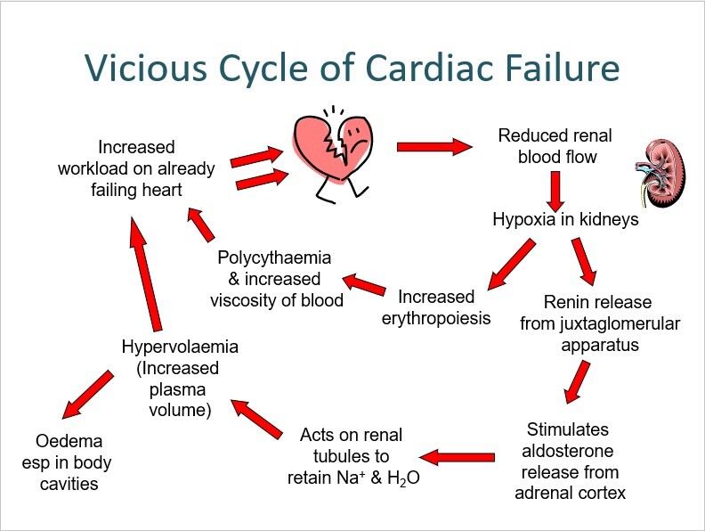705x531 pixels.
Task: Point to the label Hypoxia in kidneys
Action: pos(565,219)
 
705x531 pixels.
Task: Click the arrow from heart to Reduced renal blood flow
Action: pos(433,145)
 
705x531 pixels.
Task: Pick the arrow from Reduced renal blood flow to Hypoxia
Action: pos(557,189)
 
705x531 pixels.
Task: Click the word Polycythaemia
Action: pos(275,258)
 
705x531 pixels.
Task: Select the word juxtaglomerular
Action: pos(599,323)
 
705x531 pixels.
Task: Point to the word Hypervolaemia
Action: pos(181,346)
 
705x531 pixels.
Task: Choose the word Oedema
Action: pos(69,441)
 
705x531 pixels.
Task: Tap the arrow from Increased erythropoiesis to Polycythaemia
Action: pos(365,286)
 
